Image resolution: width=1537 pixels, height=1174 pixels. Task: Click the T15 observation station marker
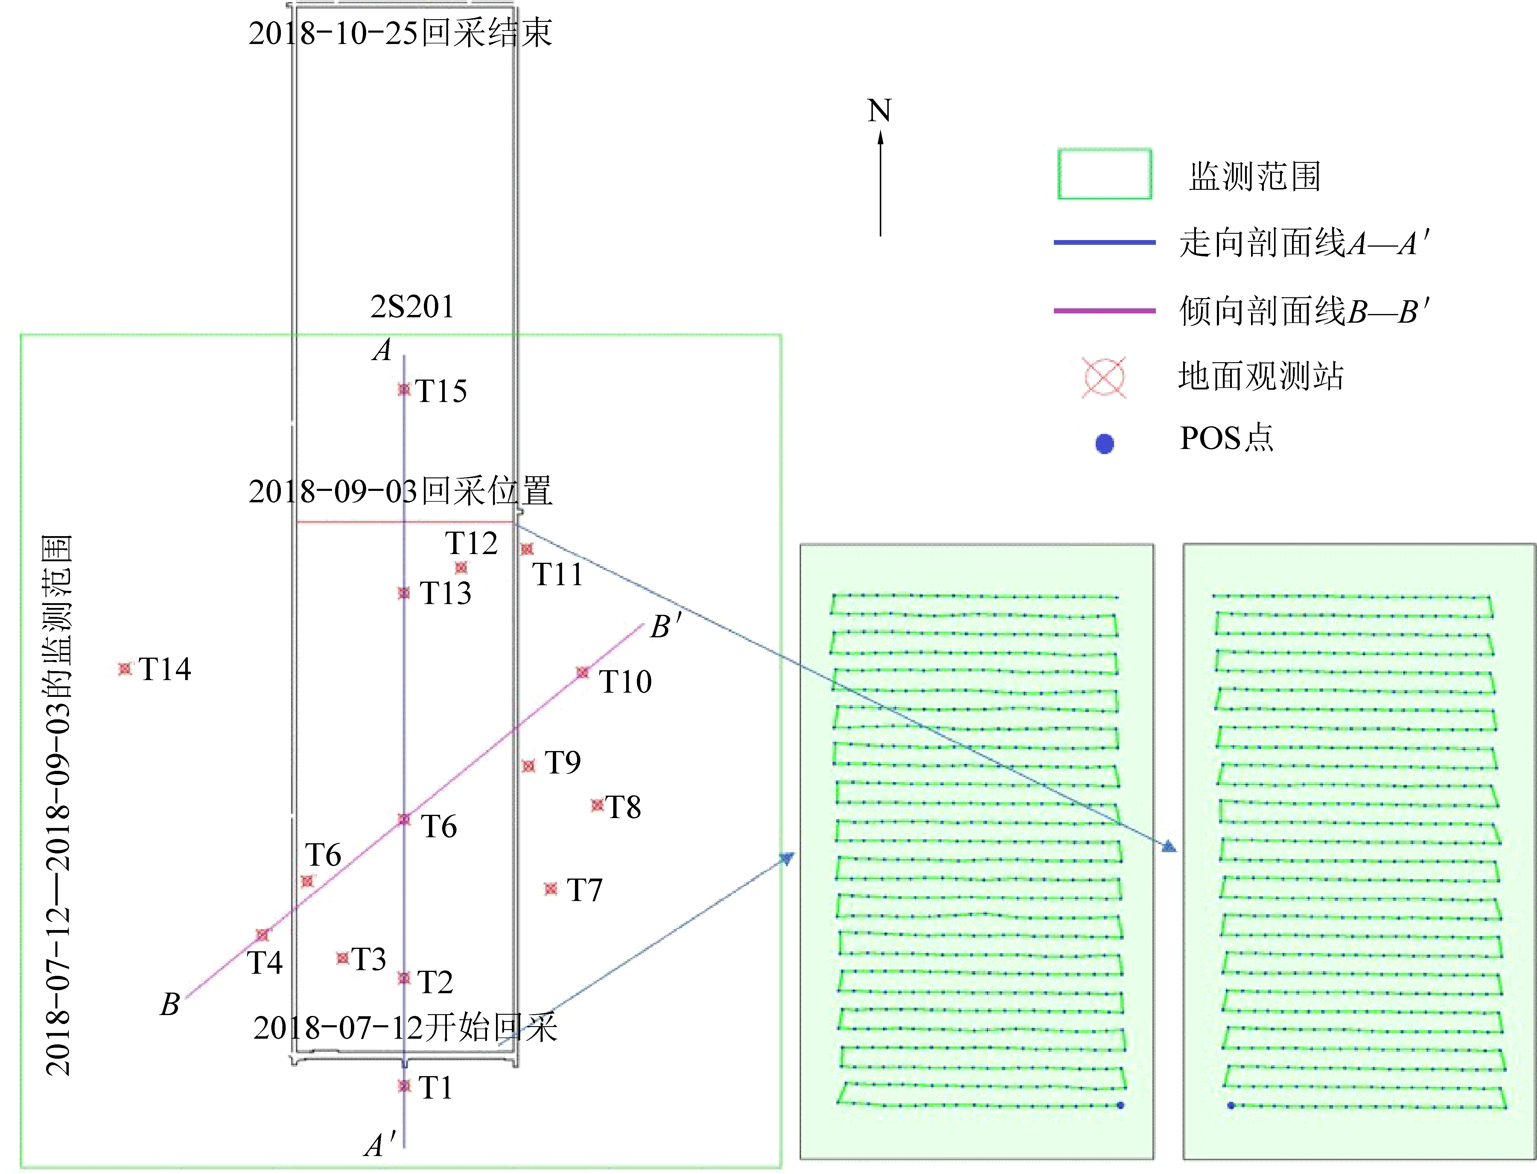tap(404, 389)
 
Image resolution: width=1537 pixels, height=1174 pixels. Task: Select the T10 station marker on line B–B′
tap(582, 672)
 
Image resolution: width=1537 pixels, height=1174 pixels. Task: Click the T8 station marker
tap(597, 805)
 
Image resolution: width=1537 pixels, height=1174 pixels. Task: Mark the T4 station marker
tap(263, 935)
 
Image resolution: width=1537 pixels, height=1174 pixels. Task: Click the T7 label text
tap(585, 890)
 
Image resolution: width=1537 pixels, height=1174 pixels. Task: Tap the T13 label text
tap(445, 593)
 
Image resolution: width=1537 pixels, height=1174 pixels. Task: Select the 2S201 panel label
tap(412, 307)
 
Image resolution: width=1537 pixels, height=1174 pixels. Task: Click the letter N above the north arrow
tap(880, 110)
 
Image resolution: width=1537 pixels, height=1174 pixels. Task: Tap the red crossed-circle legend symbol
tap(1104, 378)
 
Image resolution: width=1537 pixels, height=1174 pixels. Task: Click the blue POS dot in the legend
tap(1105, 444)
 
